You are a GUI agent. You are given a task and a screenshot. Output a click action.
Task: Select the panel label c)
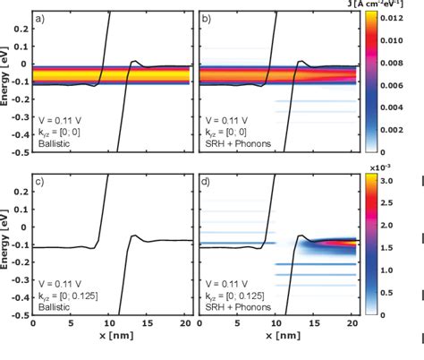42,185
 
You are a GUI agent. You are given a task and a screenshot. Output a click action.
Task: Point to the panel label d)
206,185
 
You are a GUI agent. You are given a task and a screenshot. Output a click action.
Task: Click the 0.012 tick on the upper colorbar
394,16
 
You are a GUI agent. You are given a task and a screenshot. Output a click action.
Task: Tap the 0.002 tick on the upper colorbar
394,129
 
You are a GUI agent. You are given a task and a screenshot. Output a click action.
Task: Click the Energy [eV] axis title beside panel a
6,81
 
